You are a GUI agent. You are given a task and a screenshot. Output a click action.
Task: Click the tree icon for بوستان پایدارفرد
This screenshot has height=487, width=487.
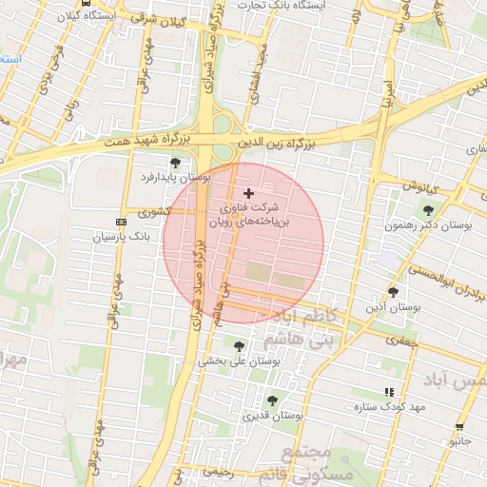pos(174,164)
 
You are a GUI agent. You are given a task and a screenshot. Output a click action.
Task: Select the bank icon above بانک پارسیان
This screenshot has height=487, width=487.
pos(119,220)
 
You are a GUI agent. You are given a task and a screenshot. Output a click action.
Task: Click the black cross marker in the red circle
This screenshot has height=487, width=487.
pos(249,193)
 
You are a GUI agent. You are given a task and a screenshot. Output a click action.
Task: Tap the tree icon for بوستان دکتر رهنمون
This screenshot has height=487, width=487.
pos(429,210)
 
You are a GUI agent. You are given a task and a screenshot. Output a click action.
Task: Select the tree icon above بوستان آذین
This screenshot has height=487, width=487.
pos(393,292)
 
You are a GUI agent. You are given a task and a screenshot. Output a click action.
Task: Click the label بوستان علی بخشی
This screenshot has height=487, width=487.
pos(238,361)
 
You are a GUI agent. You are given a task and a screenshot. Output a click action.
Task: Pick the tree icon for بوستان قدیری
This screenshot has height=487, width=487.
pos(273,400)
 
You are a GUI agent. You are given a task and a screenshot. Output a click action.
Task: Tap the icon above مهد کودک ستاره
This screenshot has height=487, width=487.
pos(388,392)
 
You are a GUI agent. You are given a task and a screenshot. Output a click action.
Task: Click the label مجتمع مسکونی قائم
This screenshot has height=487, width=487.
pos(319,462)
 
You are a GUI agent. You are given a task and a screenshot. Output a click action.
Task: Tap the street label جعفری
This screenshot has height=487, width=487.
pos(401,339)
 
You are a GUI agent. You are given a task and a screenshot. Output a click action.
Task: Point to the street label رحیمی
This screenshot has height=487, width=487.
pos(218,470)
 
